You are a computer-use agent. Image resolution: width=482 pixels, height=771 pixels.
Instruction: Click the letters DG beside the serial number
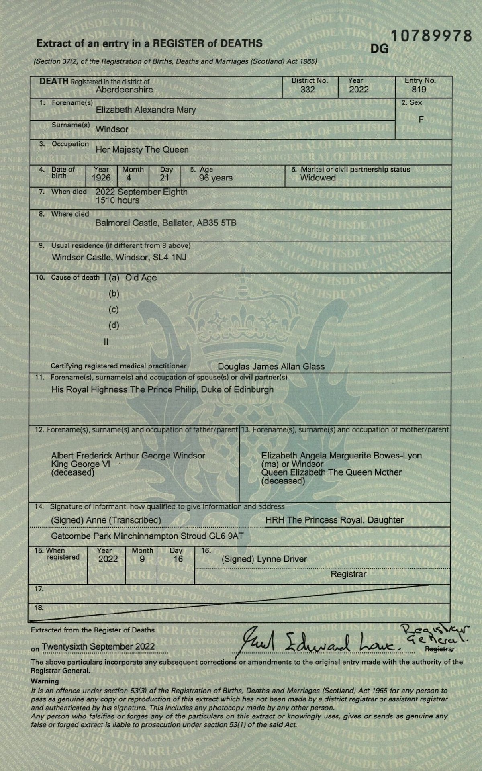point(379,49)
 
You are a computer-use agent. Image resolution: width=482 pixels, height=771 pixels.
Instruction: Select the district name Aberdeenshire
point(125,90)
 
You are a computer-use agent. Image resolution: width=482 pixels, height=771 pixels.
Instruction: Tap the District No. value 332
point(308,89)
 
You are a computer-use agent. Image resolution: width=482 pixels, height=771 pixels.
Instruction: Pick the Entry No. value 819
point(419,89)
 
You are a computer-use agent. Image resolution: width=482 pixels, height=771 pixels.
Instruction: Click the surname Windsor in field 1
point(112,129)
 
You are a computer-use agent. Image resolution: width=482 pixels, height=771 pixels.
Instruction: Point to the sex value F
point(421,119)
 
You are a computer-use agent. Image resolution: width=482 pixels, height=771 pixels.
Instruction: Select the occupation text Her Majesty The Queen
point(142,150)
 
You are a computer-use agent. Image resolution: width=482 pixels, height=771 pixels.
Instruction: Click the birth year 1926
point(101,178)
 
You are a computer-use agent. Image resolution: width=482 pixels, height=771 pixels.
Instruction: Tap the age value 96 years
point(216,178)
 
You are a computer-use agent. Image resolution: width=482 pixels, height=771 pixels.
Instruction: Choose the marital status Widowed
point(318,178)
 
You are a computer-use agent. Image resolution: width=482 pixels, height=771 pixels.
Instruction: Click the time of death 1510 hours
point(117,200)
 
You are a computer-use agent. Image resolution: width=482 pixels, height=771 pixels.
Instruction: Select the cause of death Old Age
point(141,278)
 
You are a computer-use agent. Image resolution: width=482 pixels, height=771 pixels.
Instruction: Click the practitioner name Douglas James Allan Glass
point(271,366)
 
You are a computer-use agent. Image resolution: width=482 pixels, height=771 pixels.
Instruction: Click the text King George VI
point(80,464)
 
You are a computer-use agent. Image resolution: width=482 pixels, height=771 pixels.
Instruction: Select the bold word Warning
point(45,681)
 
